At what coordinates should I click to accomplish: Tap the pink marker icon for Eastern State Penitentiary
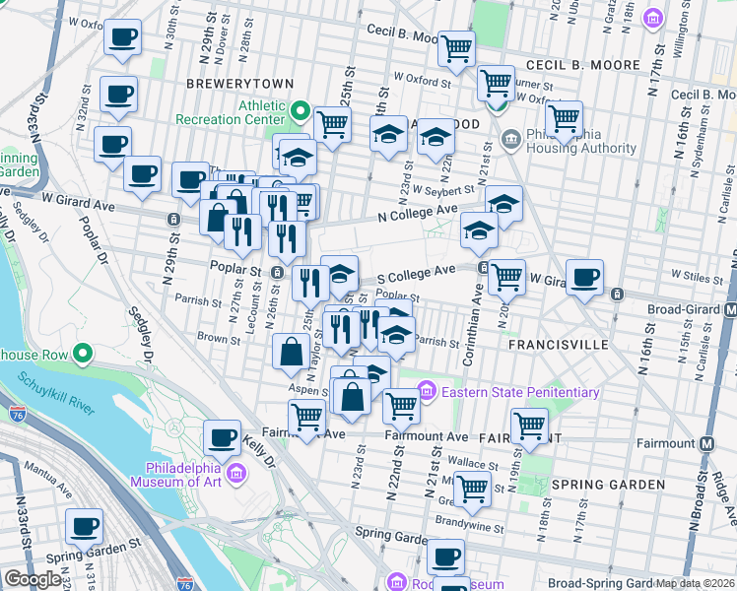click(427, 392)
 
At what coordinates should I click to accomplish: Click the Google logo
click(33, 579)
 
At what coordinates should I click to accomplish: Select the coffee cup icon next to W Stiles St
click(585, 277)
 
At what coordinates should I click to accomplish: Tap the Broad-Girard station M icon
click(730, 308)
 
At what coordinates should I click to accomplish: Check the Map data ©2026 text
click(696, 583)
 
